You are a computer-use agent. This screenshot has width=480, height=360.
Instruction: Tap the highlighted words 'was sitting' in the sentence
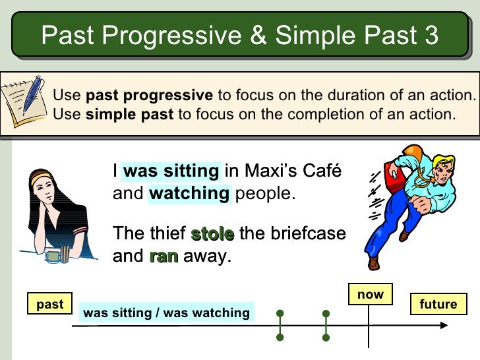click(x=171, y=171)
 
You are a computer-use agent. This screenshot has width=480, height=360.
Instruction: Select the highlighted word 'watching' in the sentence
click(x=189, y=194)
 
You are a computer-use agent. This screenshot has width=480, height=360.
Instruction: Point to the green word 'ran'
click(x=164, y=256)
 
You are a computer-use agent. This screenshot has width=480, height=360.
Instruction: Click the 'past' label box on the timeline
click(x=50, y=304)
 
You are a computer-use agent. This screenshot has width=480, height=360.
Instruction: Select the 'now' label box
click(x=370, y=295)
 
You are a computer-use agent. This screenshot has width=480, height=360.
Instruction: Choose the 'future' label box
click(x=438, y=304)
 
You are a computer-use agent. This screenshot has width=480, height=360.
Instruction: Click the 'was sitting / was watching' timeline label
click(x=166, y=313)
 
